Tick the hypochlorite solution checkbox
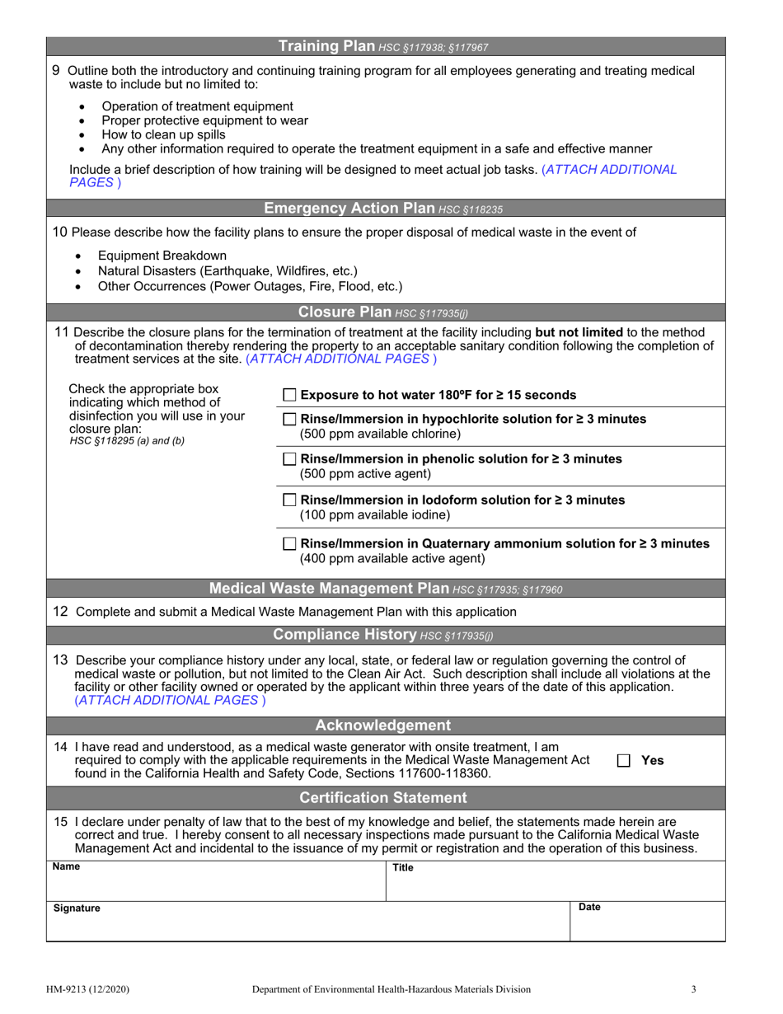pyautogui.click(x=289, y=420)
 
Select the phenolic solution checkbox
pyautogui.click(x=289, y=459)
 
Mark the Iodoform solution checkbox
pyautogui.click(x=289, y=500)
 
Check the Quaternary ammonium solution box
pyautogui.click(x=289, y=544)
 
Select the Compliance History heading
pyautogui.click(x=345, y=635)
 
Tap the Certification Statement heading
pyautogui.click(x=382, y=798)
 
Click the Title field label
pyautogui.click(x=402, y=868)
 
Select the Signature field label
pyautogui.click(x=77, y=908)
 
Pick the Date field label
pyautogui.click(x=589, y=907)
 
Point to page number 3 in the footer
pyautogui.click(x=694, y=989)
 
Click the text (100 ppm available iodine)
pyautogui.click(x=374, y=515)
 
